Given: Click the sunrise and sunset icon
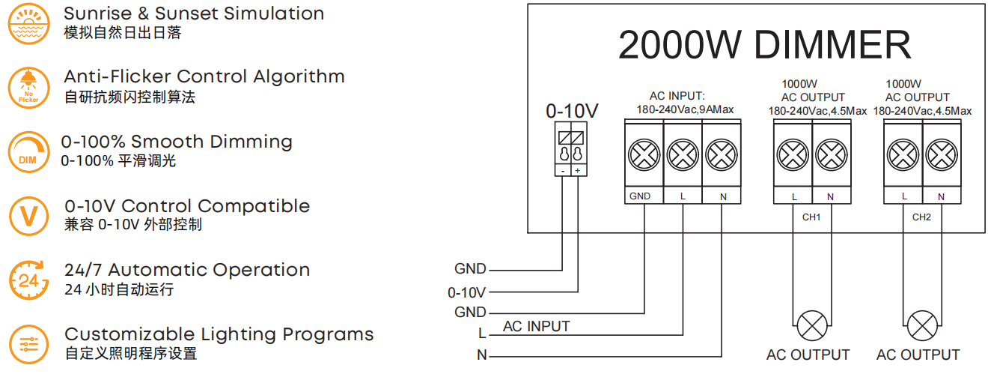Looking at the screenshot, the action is (x=28, y=23).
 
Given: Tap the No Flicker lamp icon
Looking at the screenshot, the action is (x=28, y=88).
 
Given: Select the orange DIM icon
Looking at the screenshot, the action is (x=28, y=152).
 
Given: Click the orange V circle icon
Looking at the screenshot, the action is (x=28, y=217).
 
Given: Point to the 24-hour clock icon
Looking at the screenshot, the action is (x=28, y=280).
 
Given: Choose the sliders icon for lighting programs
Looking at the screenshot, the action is (x=28, y=345).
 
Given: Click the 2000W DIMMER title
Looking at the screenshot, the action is (x=764, y=45).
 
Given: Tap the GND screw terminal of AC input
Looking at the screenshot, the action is (x=644, y=155).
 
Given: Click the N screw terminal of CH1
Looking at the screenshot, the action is (x=832, y=155).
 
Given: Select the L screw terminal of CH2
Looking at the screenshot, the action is (x=903, y=155).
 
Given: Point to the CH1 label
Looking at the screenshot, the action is (x=811, y=217).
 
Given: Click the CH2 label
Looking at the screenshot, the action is (x=921, y=217).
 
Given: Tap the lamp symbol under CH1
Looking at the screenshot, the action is (x=812, y=326).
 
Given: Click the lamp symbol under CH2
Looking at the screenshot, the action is (x=922, y=326).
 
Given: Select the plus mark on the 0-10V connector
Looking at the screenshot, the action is (x=577, y=171).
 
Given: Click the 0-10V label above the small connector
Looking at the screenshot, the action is (x=572, y=111).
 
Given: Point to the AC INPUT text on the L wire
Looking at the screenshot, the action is (x=536, y=326).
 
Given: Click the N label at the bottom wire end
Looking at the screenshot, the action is (x=482, y=355).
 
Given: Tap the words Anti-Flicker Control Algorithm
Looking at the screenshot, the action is (x=204, y=76).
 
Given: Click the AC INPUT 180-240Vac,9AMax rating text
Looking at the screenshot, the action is (x=685, y=103).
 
